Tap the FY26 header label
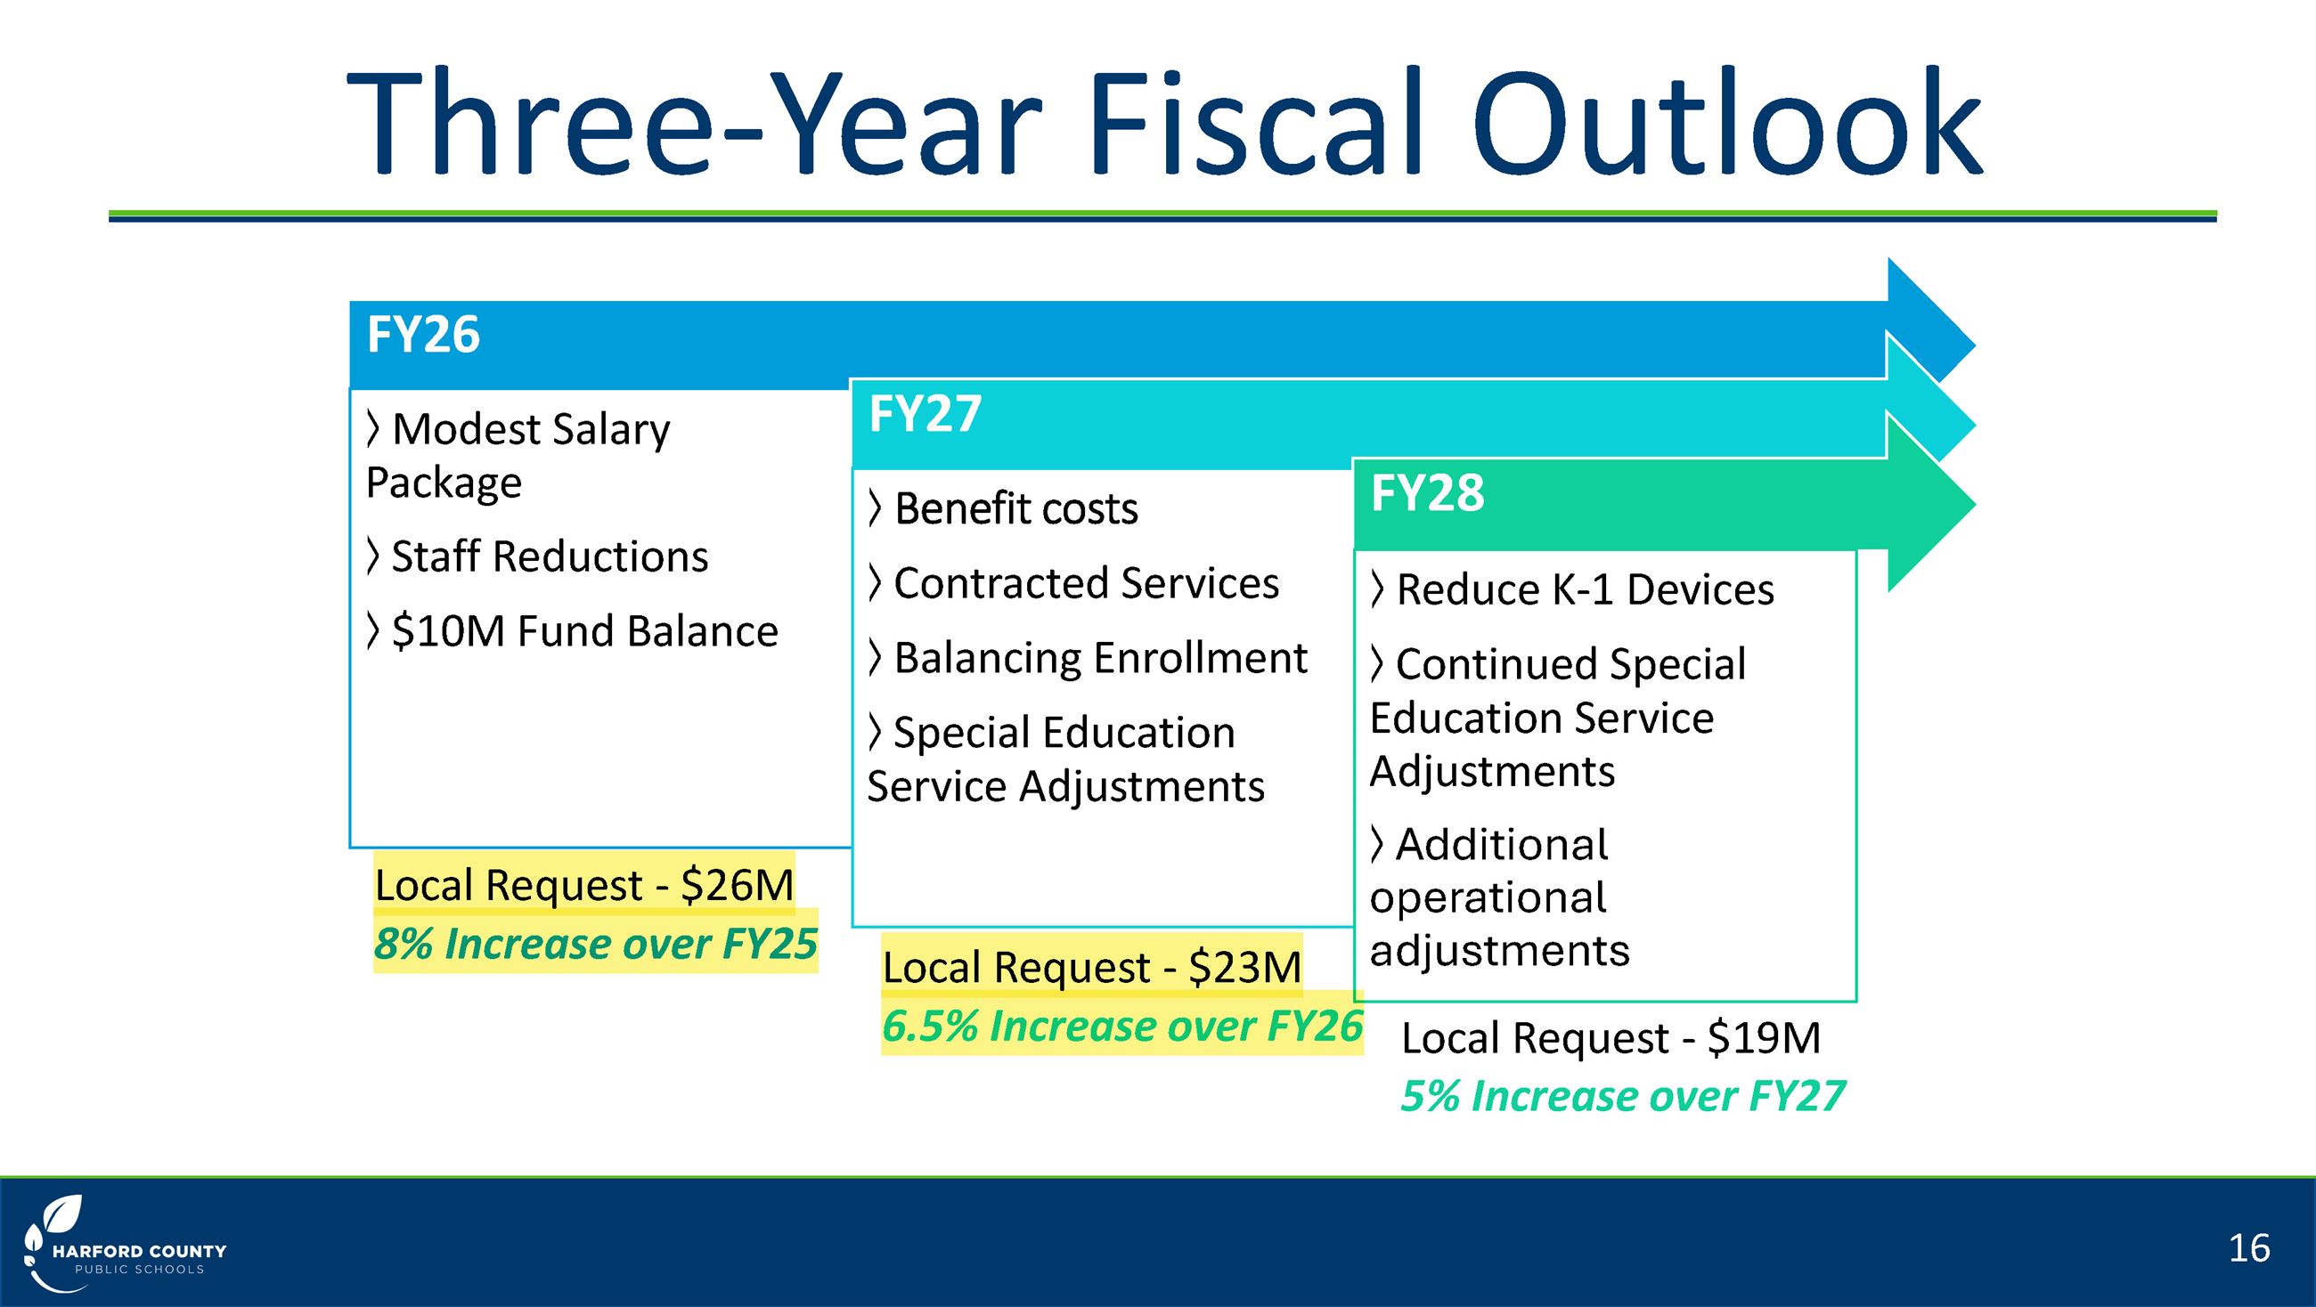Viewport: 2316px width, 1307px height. point(423,336)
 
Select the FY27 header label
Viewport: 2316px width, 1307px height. point(925,414)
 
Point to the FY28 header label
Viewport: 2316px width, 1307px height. point(1427,493)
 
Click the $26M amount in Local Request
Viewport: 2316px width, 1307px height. point(738,885)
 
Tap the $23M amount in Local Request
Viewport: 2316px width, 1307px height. point(1244,968)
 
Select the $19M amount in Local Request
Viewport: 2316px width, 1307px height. point(1763,1038)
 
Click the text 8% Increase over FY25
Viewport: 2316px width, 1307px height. point(595,945)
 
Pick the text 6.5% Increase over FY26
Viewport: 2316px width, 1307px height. point(1122,1027)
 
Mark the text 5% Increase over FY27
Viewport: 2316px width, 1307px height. point(1623,1097)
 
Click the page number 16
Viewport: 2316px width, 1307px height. point(2248,1247)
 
